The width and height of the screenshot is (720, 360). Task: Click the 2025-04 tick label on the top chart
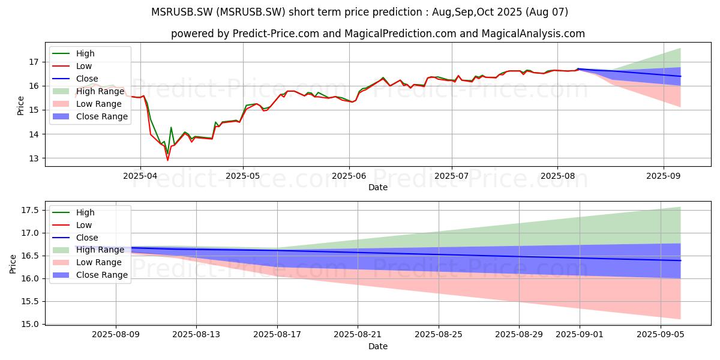coord(140,176)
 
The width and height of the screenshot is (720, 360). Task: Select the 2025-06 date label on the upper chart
coord(349,176)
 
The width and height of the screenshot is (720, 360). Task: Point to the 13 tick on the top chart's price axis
coord(34,158)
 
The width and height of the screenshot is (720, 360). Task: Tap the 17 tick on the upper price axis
coord(34,62)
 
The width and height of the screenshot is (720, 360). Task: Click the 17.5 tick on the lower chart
coord(30,210)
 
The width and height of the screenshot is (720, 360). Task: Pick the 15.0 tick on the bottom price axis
coord(30,324)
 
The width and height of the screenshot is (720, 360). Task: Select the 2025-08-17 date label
coord(277,335)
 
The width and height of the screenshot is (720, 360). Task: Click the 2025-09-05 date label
coord(661,335)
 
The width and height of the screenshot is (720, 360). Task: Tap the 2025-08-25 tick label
coord(439,335)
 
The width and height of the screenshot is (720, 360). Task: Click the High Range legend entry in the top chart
coord(88,91)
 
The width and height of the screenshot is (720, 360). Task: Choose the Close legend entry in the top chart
coord(75,79)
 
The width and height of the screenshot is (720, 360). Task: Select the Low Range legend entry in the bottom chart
coord(87,262)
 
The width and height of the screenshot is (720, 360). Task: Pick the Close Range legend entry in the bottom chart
coord(90,275)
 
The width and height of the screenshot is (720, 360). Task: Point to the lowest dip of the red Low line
coord(167,160)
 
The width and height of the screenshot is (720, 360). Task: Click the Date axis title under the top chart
coord(378,187)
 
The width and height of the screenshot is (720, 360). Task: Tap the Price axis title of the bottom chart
coord(13,264)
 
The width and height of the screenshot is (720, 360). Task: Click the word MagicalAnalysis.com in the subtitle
coord(533,34)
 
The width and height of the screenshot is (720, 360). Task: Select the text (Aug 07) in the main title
coord(547,12)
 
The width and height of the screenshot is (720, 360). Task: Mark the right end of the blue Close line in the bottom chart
coord(680,260)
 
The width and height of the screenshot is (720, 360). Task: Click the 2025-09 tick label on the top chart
coord(664,176)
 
